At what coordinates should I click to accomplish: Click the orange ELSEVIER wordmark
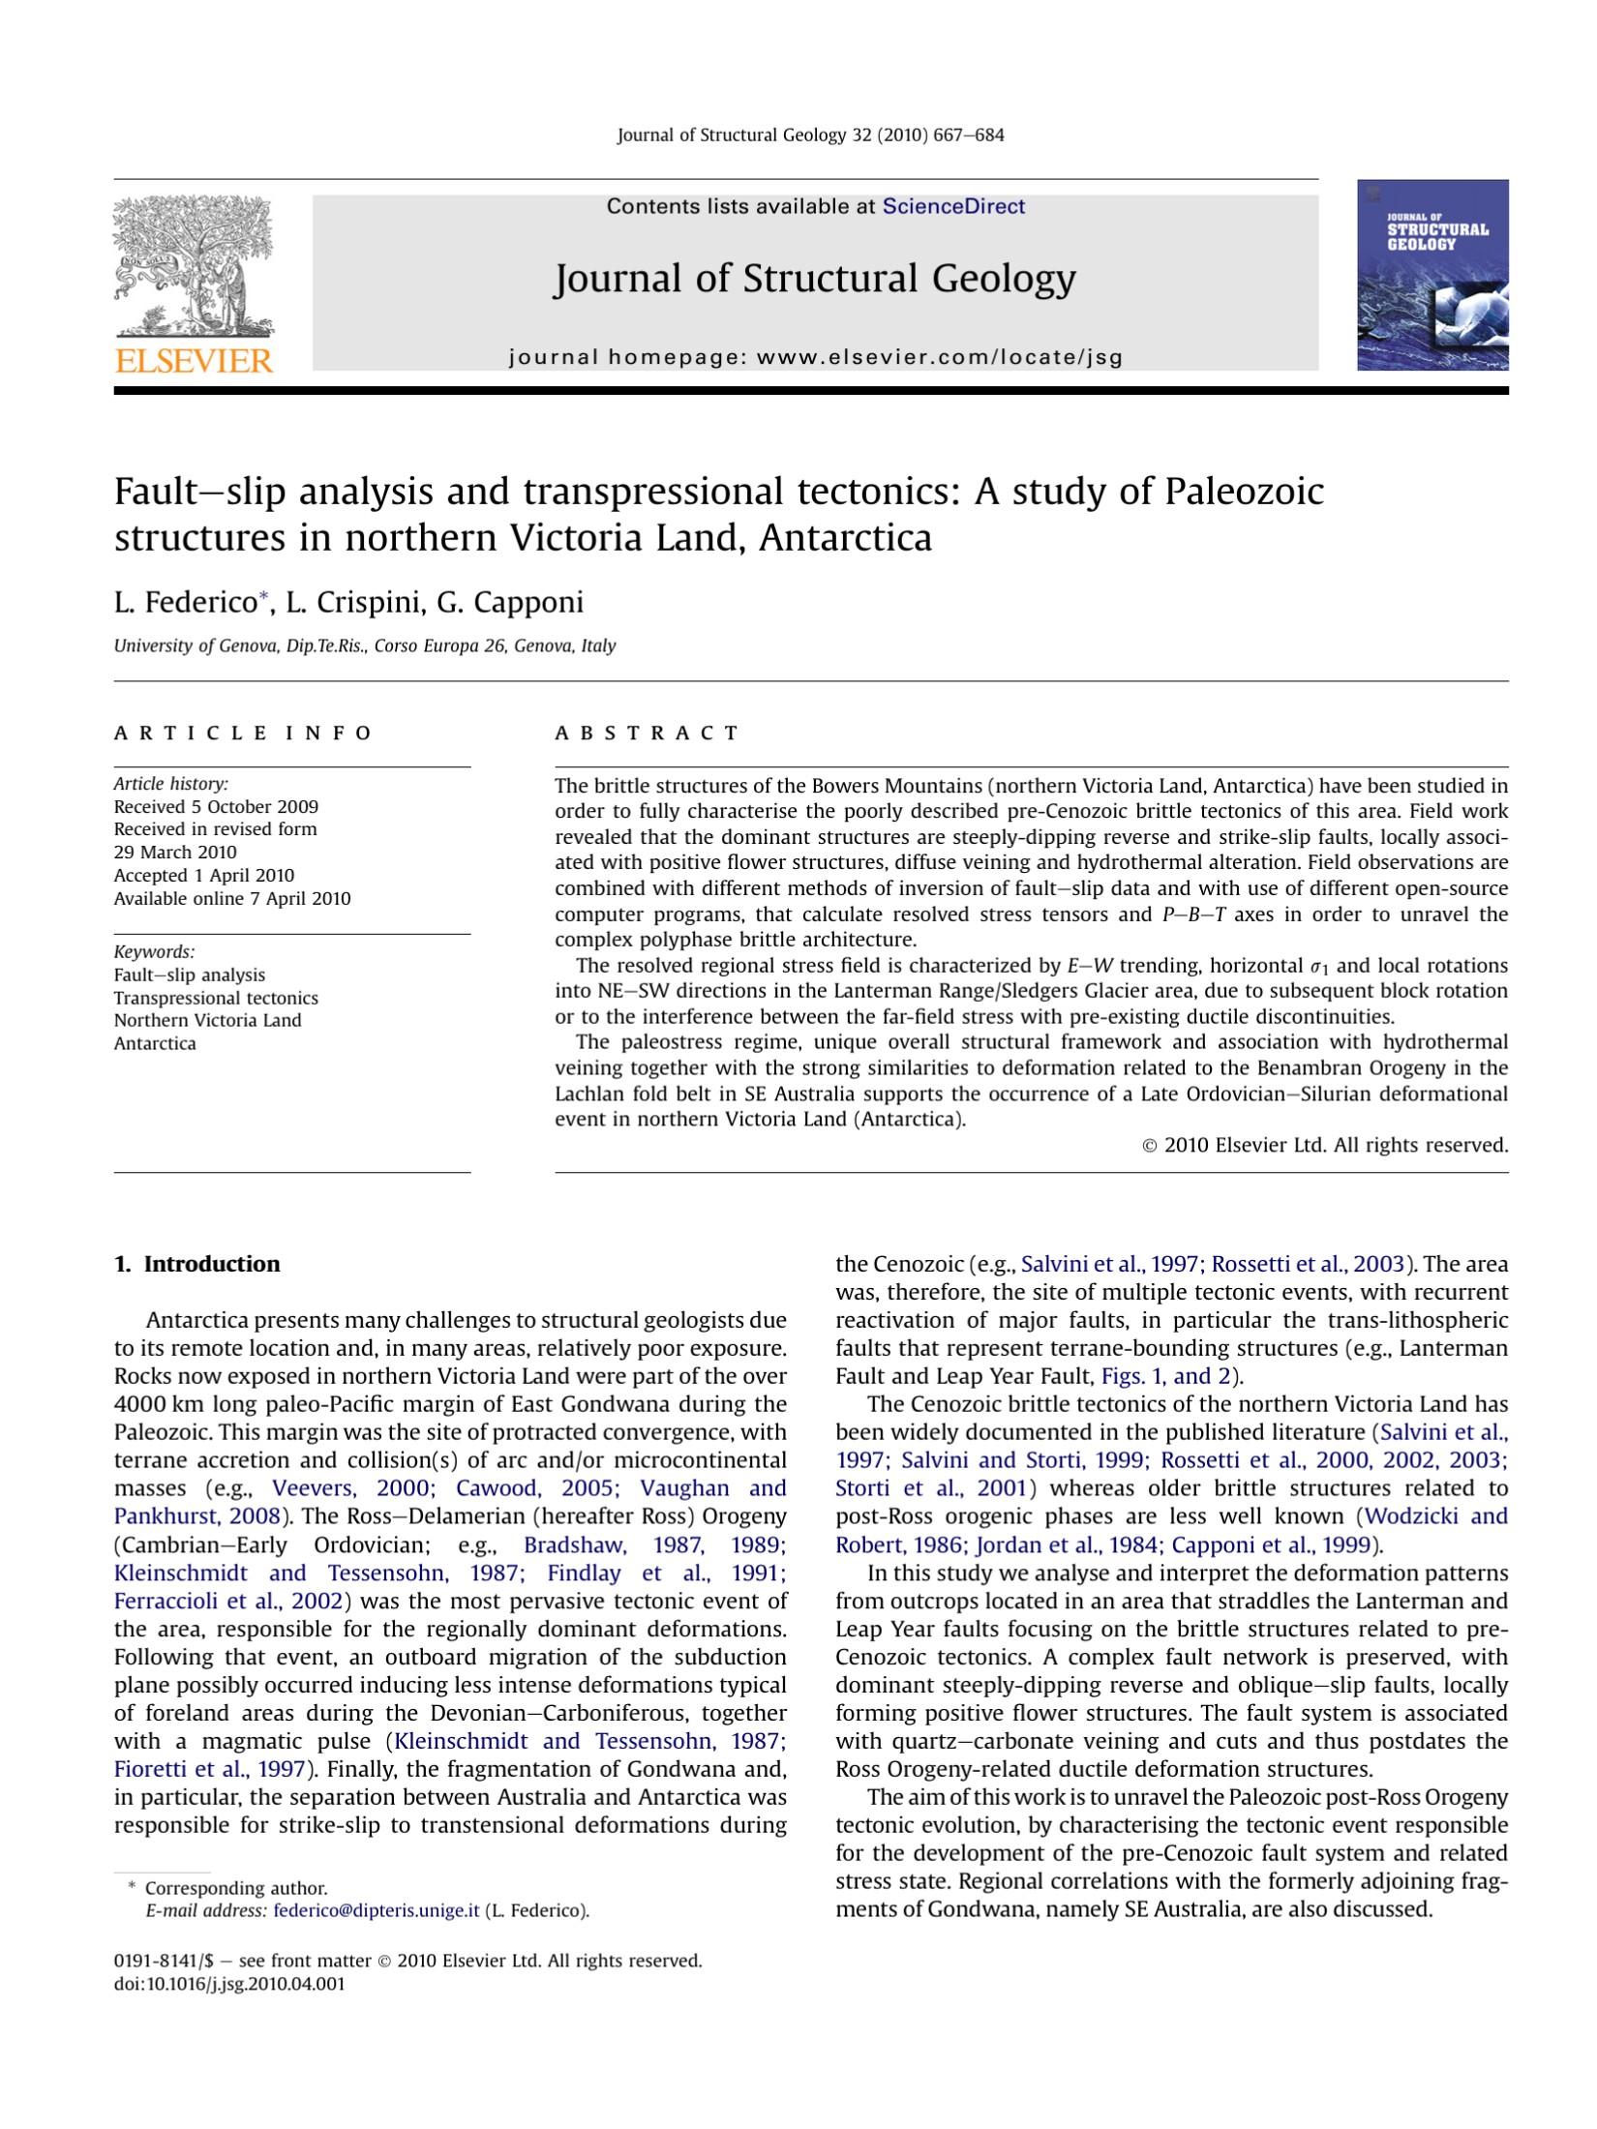pos(194,361)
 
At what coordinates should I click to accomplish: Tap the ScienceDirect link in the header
pos(952,206)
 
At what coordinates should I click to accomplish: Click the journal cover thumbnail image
pos(1431,275)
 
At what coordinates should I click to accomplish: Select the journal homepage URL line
pos(815,357)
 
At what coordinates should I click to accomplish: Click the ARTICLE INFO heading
pos(243,733)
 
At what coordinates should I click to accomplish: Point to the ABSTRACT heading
pos(647,733)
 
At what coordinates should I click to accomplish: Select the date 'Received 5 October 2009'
pos(216,806)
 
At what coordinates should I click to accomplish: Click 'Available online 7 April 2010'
pos(232,898)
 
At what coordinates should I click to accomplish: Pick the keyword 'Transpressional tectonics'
pos(216,998)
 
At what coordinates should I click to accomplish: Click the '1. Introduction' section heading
pos(197,1264)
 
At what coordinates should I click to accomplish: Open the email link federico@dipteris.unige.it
pos(377,1910)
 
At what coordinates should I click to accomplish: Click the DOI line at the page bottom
pos(229,1984)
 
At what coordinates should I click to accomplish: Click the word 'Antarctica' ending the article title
pos(845,538)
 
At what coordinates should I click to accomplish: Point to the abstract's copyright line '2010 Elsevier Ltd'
pos(1325,1145)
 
